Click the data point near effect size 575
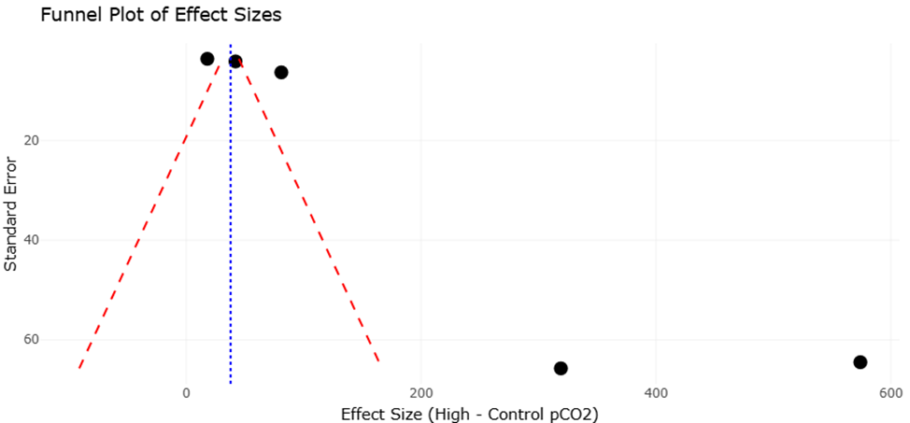click(860, 361)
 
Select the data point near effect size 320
click(561, 368)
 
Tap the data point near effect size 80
click(280, 72)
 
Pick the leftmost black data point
click(207, 59)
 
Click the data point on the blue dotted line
click(235, 62)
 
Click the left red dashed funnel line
click(149, 215)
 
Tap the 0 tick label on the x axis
click(186, 392)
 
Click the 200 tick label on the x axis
click(420, 392)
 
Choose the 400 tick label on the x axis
click(656, 392)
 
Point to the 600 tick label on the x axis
click(889, 392)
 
